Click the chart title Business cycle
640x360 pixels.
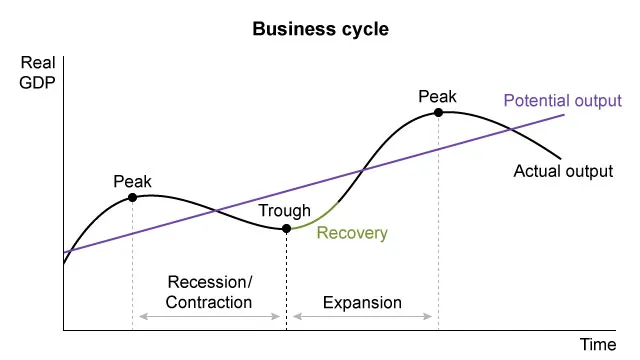click(x=320, y=29)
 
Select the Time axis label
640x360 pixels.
click(x=599, y=344)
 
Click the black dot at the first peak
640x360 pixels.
click(x=132, y=198)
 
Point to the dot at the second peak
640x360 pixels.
click(x=438, y=113)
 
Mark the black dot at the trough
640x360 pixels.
click(x=287, y=229)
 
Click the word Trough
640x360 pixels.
click(x=284, y=211)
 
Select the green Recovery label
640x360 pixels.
click(x=351, y=234)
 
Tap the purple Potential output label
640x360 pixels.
click(x=562, y=101)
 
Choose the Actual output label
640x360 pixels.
click(x=563, y=171)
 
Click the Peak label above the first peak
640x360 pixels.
click(x=132, y=182)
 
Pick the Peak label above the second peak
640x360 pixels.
click(x=437, y=97)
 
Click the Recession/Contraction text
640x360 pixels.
click(x=210, y=292)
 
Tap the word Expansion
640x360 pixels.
click(x=363, y=302)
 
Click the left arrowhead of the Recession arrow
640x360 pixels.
click(x=142, y=317)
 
